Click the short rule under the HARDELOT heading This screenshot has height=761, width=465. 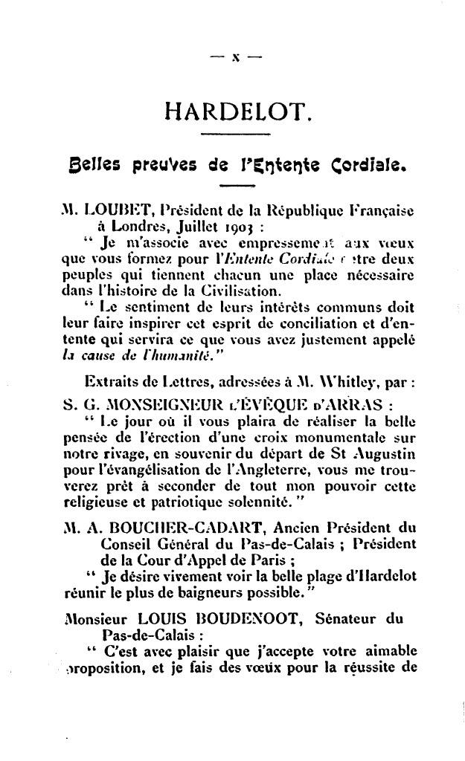click(x=232, y=134)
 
